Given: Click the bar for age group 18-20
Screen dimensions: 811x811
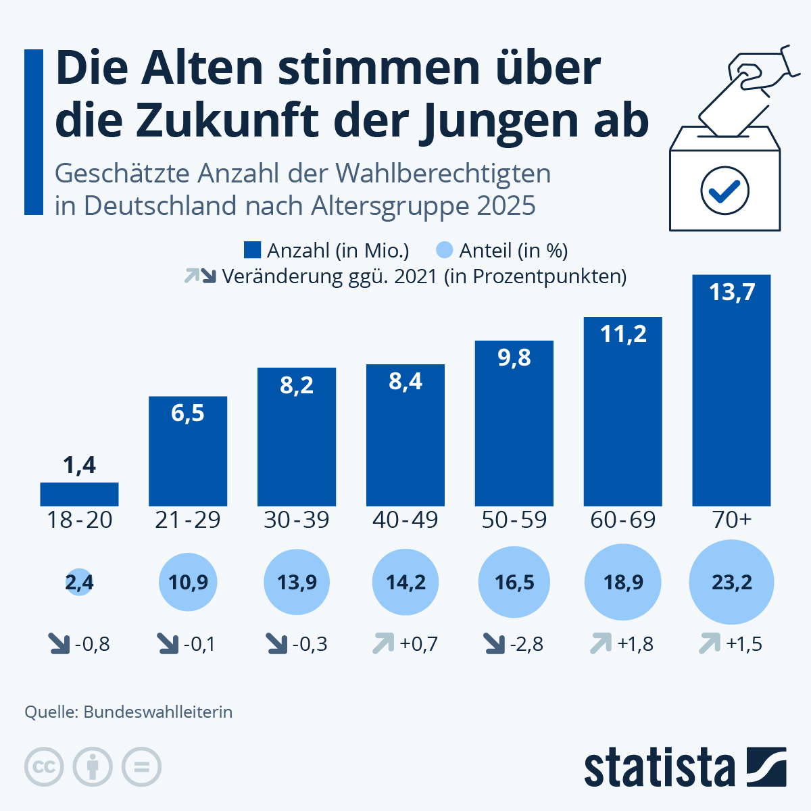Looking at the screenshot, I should tap(79, 494).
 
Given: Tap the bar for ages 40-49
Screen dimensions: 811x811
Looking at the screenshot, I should tap(405, 435).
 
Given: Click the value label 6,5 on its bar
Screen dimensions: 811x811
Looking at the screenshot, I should tap(188, 413).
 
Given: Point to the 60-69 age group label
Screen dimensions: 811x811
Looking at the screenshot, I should tap(623, 520).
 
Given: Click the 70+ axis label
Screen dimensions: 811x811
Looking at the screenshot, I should tap(731, 520).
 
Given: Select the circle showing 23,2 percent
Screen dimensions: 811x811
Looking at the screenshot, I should tap(731, 582).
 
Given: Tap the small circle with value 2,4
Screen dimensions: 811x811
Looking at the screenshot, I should tap(80, 582).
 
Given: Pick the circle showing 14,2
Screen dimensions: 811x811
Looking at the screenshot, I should tap(405, 582).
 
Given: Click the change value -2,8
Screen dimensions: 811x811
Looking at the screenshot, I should tap(526, 644).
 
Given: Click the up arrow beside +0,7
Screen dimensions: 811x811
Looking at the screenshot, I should tap(383, 643).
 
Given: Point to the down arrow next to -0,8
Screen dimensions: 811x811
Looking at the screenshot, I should tap(59, 643).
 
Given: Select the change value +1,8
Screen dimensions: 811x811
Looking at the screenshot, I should tap(635, 644).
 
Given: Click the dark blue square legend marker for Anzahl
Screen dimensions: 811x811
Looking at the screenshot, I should tap(252, 251).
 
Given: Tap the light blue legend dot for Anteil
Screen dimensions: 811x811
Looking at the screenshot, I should tap(445, 251).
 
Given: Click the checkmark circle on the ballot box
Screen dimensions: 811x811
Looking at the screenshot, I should tap(724, 191).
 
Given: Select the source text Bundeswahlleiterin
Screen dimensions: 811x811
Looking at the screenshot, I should tap(157, 712).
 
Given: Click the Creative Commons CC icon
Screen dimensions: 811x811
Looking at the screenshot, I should tap(44, 767).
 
